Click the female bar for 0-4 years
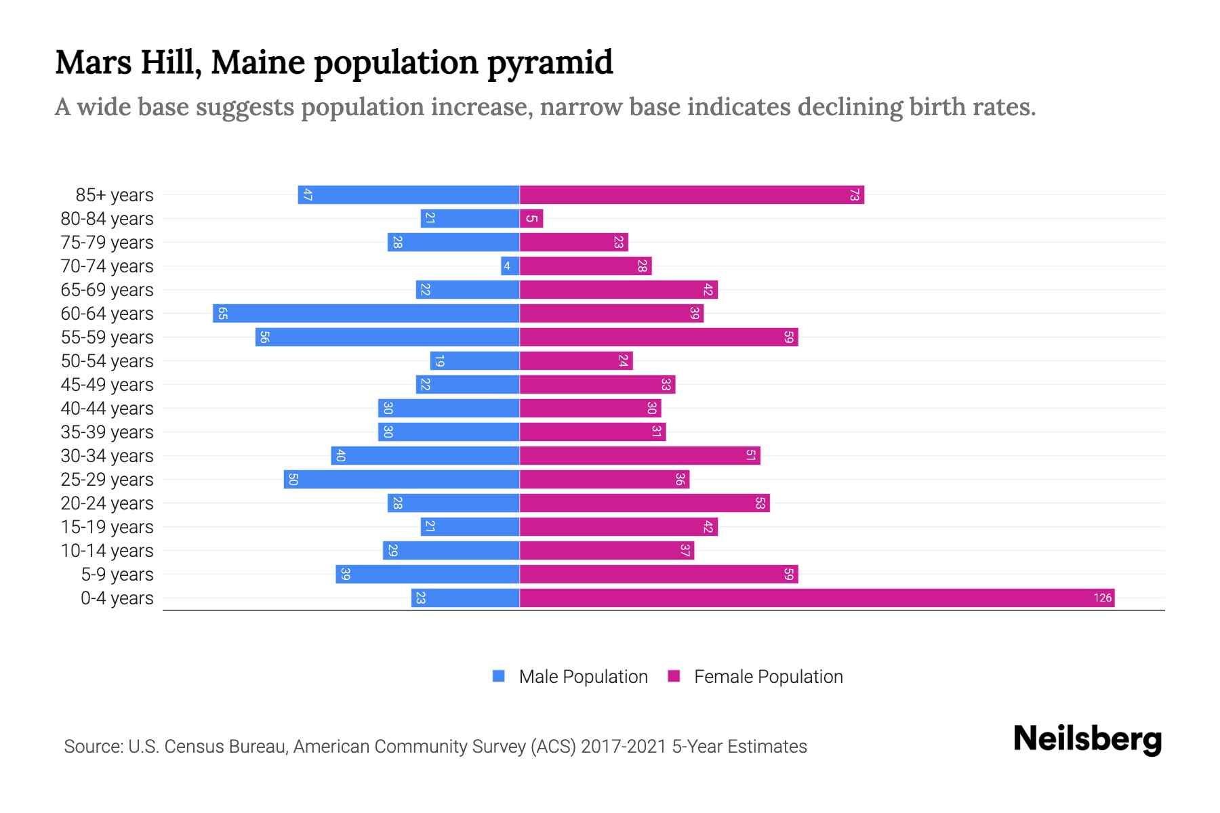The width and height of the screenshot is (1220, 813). (x=817, y=598)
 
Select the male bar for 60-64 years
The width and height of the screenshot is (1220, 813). (x=366, y=313)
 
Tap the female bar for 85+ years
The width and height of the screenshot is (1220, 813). (x=691, y=195)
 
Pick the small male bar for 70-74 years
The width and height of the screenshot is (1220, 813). (x=510, y=266)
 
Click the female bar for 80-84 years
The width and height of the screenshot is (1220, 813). (x=531, y=219)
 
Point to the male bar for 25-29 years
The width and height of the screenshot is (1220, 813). (x=401, y=480)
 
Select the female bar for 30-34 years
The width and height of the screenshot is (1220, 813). (x=640, y=456)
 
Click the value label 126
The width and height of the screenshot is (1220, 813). (x=1102, y=598)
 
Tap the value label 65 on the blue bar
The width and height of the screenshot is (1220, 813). (x=222, y=314)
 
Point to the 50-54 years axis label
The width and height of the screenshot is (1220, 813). (x=107, y=361)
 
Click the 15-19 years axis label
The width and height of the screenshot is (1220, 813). (x=107, y=527)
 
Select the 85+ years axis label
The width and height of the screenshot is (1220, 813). (x=115, y=195)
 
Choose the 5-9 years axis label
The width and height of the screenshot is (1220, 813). (x=117, y=575)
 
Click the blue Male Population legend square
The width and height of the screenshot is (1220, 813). (x=499, y=676)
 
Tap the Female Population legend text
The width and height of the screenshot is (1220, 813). (x=768, y=677)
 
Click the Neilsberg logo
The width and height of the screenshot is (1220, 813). (x=1087, y=739)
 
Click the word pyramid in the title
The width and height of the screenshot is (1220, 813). (x=550, y=63)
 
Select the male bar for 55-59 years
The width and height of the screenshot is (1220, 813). (x=387, y=337)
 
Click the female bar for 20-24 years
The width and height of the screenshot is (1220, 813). (x=645, y=503)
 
